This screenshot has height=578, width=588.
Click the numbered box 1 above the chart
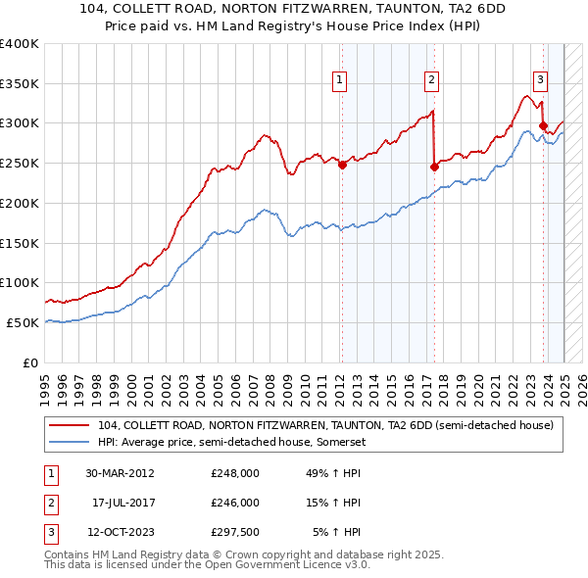(339, 81)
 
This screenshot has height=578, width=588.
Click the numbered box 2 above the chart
(431, 81)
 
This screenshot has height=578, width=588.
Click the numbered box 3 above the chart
(540, 81)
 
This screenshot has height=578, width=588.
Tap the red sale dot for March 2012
(342, 166)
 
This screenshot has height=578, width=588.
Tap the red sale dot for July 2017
(434, 167)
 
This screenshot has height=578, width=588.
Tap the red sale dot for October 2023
(543, 125)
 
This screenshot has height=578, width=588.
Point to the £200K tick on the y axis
(21, 203)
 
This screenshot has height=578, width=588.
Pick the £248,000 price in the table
(235, 473)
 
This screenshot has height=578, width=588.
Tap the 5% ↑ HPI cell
(337, 532)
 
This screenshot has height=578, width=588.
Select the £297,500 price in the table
(235, 532)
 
